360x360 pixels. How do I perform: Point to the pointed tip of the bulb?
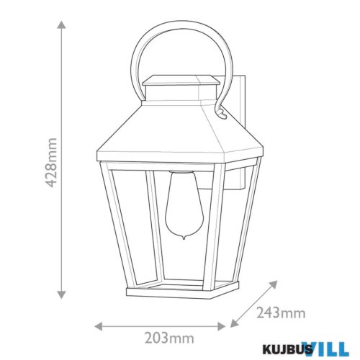click(x=184, y=240)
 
